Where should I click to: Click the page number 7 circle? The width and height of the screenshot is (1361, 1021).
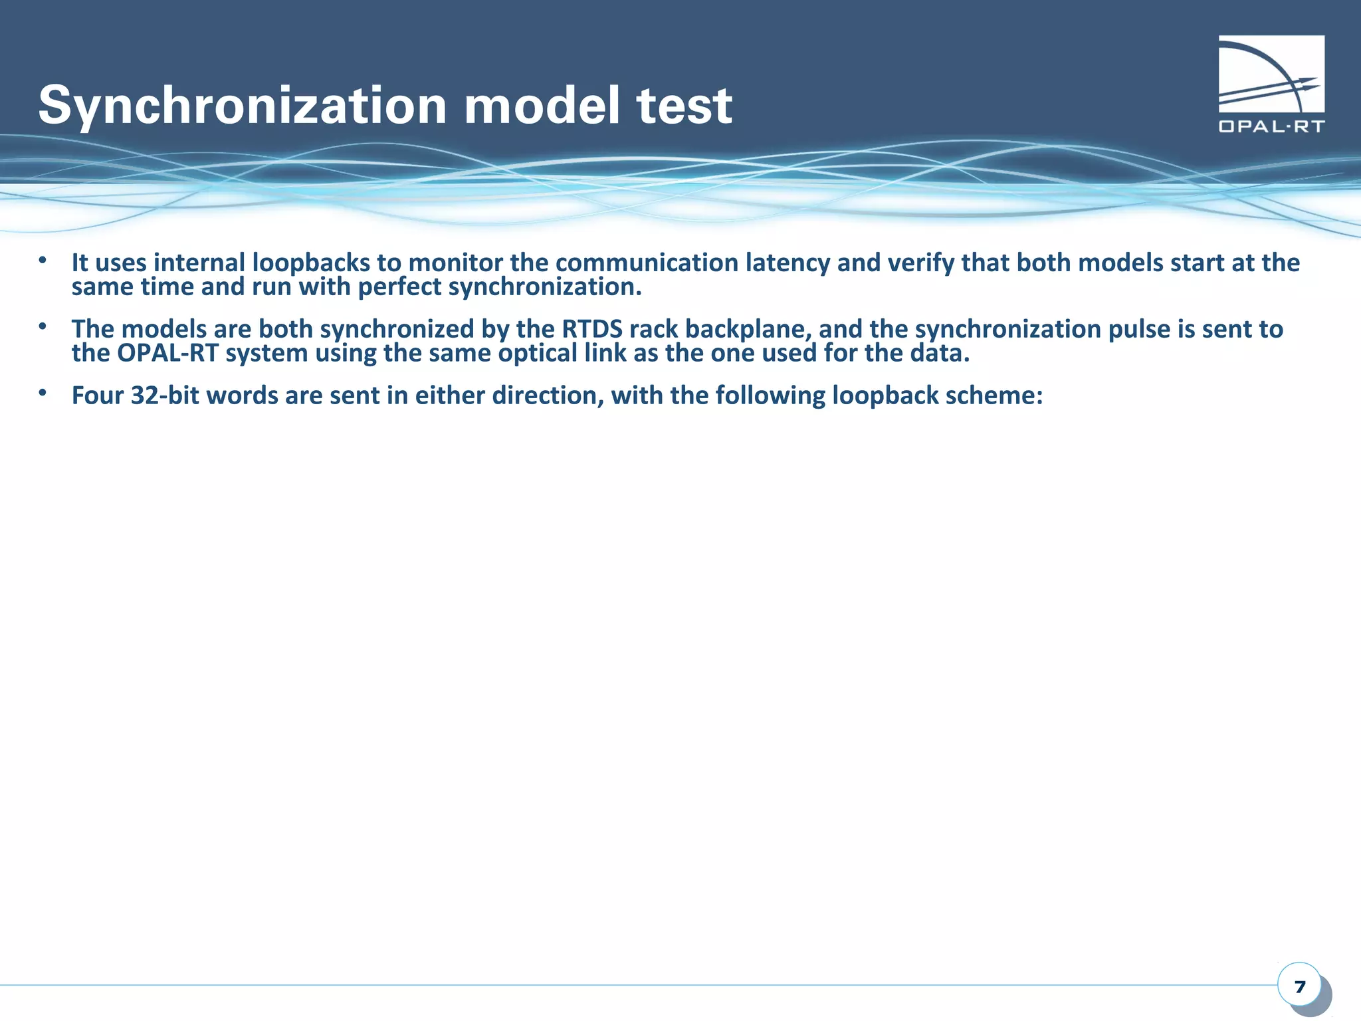(x=1299, y=986)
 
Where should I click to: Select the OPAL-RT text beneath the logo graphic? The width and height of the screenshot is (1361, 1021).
(x=1271, y=126)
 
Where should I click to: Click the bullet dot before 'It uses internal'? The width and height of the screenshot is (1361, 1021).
(x=43, y=261)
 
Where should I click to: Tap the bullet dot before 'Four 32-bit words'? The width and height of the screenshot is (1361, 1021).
(x=43, y=394)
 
